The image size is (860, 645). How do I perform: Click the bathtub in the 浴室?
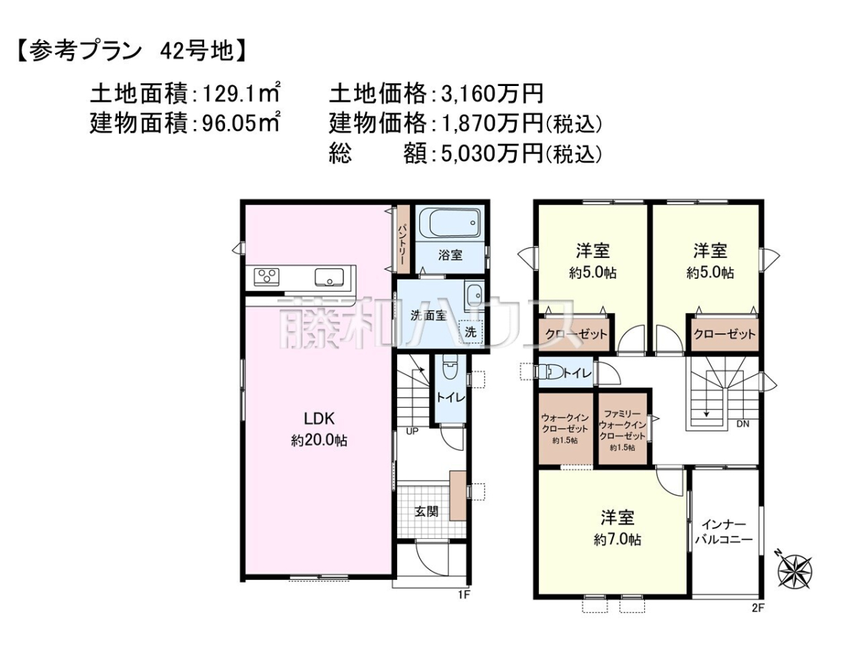449,222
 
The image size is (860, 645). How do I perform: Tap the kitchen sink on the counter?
329,277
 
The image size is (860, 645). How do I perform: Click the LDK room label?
319,419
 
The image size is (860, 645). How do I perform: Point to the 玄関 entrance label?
426,511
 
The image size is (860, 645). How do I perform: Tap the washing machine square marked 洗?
471,332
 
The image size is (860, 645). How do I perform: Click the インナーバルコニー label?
724,532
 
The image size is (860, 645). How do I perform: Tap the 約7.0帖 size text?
618,540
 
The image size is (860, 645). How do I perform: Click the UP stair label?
412,431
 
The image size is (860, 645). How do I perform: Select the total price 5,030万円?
492,153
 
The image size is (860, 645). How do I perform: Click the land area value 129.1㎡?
241,94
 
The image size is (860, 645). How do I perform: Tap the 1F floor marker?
464,606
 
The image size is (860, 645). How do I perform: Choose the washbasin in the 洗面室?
474,295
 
